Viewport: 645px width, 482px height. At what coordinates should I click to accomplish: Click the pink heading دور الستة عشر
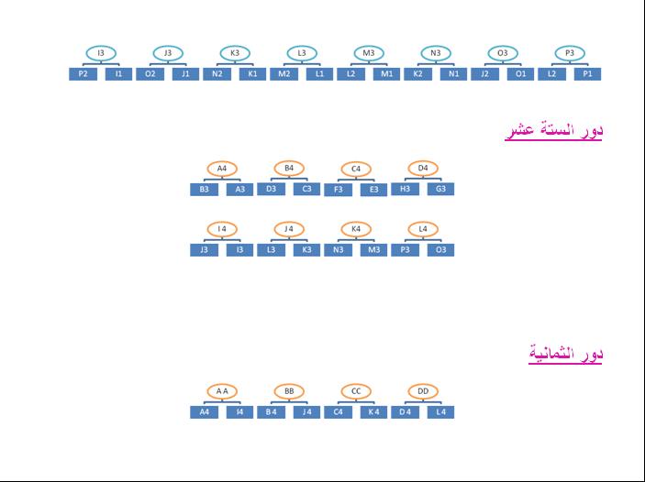(x=553, y=131)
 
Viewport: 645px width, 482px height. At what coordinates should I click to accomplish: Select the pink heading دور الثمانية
(x=565, y=355)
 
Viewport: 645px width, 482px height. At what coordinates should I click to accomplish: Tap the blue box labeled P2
(x=83, y=74)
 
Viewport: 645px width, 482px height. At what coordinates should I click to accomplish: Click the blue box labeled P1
(x=587, y=74)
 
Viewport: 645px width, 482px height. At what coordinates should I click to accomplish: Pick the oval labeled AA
(x=222, y=392)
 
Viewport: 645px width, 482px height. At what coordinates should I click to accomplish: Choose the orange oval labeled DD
(x=423, y=392)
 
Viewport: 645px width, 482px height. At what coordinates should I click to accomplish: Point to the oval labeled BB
(x=289, y=392)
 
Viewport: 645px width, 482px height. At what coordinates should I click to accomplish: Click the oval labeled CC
(x=356, y=392)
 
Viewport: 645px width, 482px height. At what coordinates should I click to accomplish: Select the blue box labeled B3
(x=204, y=190)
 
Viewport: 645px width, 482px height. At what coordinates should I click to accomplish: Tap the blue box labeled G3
(x=440, y=190)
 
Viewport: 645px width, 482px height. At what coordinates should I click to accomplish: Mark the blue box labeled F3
(x=338, y=190)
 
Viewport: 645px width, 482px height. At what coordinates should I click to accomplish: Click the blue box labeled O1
(x=520, y=74)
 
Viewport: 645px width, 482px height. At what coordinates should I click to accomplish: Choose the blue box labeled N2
(x=217, y=74)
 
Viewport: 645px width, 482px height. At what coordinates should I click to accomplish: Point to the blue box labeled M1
(x=386, y=74)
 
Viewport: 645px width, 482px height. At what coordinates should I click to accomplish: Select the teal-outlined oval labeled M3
(x=369, y=53)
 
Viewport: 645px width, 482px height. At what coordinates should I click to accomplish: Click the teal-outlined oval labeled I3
(x=101, y=53)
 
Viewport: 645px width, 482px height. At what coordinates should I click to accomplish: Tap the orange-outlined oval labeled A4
(x=222, y=169)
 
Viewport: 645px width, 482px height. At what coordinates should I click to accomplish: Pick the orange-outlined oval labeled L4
(x=423, y=228)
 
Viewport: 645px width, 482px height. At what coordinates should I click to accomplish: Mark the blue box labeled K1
(x=252, y=74)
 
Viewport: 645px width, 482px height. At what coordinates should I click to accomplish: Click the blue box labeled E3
(x=373, y=190)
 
